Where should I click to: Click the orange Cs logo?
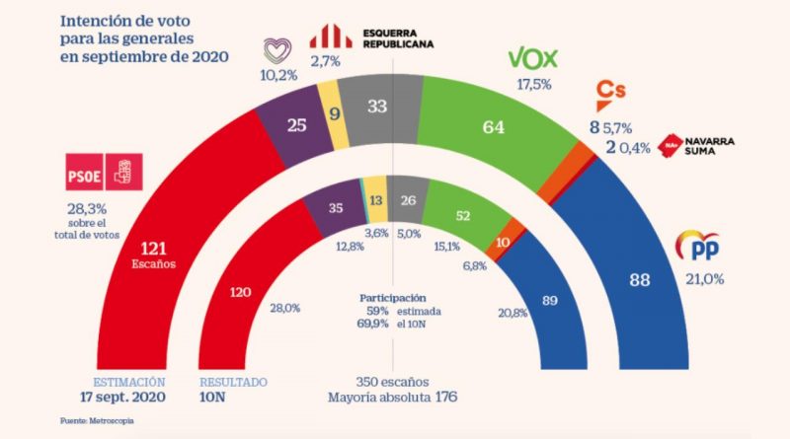click(609, 95)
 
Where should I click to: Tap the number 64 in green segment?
click(495, 126)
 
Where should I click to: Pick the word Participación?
click(393, 296)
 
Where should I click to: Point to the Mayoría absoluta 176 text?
click(395, 398)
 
